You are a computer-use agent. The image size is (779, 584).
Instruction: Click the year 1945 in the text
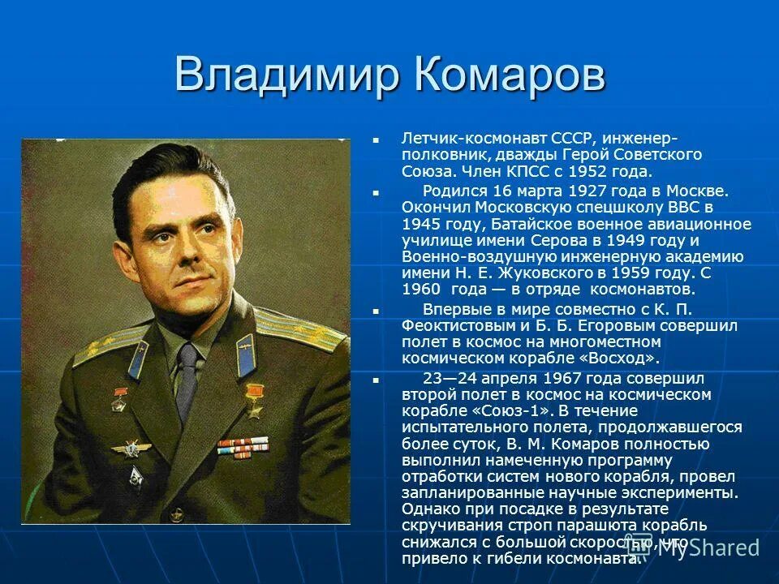420,224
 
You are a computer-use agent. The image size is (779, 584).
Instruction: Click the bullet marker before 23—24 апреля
376,380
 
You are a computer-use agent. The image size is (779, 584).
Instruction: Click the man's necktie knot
187,355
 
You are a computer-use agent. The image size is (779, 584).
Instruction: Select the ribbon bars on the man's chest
243,445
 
